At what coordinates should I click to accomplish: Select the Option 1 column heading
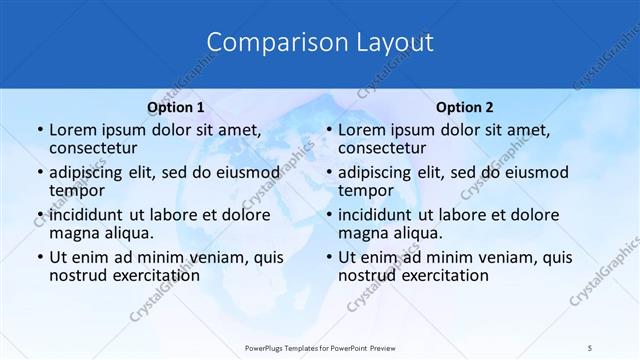click(175, 107)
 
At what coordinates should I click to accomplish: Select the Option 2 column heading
click(465, 107)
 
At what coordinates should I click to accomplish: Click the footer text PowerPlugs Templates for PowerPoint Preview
click(319, 347)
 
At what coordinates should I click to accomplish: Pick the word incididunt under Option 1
click(85, 214)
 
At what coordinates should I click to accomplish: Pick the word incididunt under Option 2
click(375, 214)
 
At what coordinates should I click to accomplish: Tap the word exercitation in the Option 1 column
click(154, 274)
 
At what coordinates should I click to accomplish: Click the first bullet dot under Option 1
click(38, 130)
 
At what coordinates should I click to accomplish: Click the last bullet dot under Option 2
click(328, 257)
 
